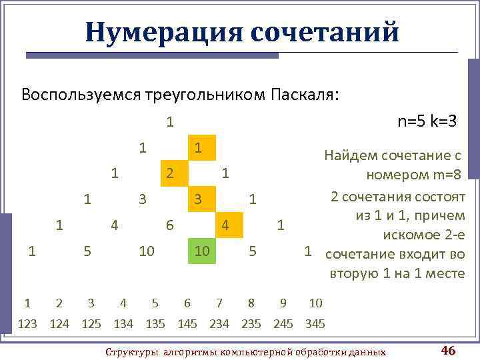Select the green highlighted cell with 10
(201, 251)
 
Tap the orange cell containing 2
(171, 174)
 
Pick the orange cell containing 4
(226, 226)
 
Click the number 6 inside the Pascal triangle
(171, 226)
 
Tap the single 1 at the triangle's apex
(171, 122)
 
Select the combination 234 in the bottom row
(219, 325)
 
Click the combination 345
(315, 325)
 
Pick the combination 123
(27, 325)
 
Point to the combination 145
(187, 325)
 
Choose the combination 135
(155, 325)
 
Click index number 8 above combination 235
(251, 304)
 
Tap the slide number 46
(448, 351)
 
